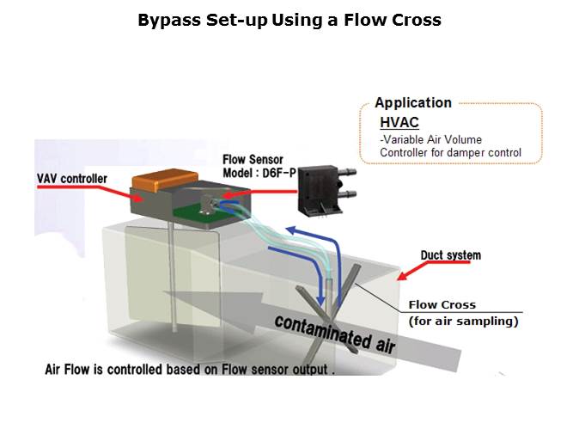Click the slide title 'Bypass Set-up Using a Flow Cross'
click(x=289, y=20)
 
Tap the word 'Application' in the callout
click(x=413, y=103)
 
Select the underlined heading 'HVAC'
click(x=399, y=124)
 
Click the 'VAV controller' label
click(x=72, y=179)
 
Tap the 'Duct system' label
click(x=451, y=255)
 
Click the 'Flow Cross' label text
click(x=442, y=304)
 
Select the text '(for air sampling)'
click(x=464, y=322)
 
